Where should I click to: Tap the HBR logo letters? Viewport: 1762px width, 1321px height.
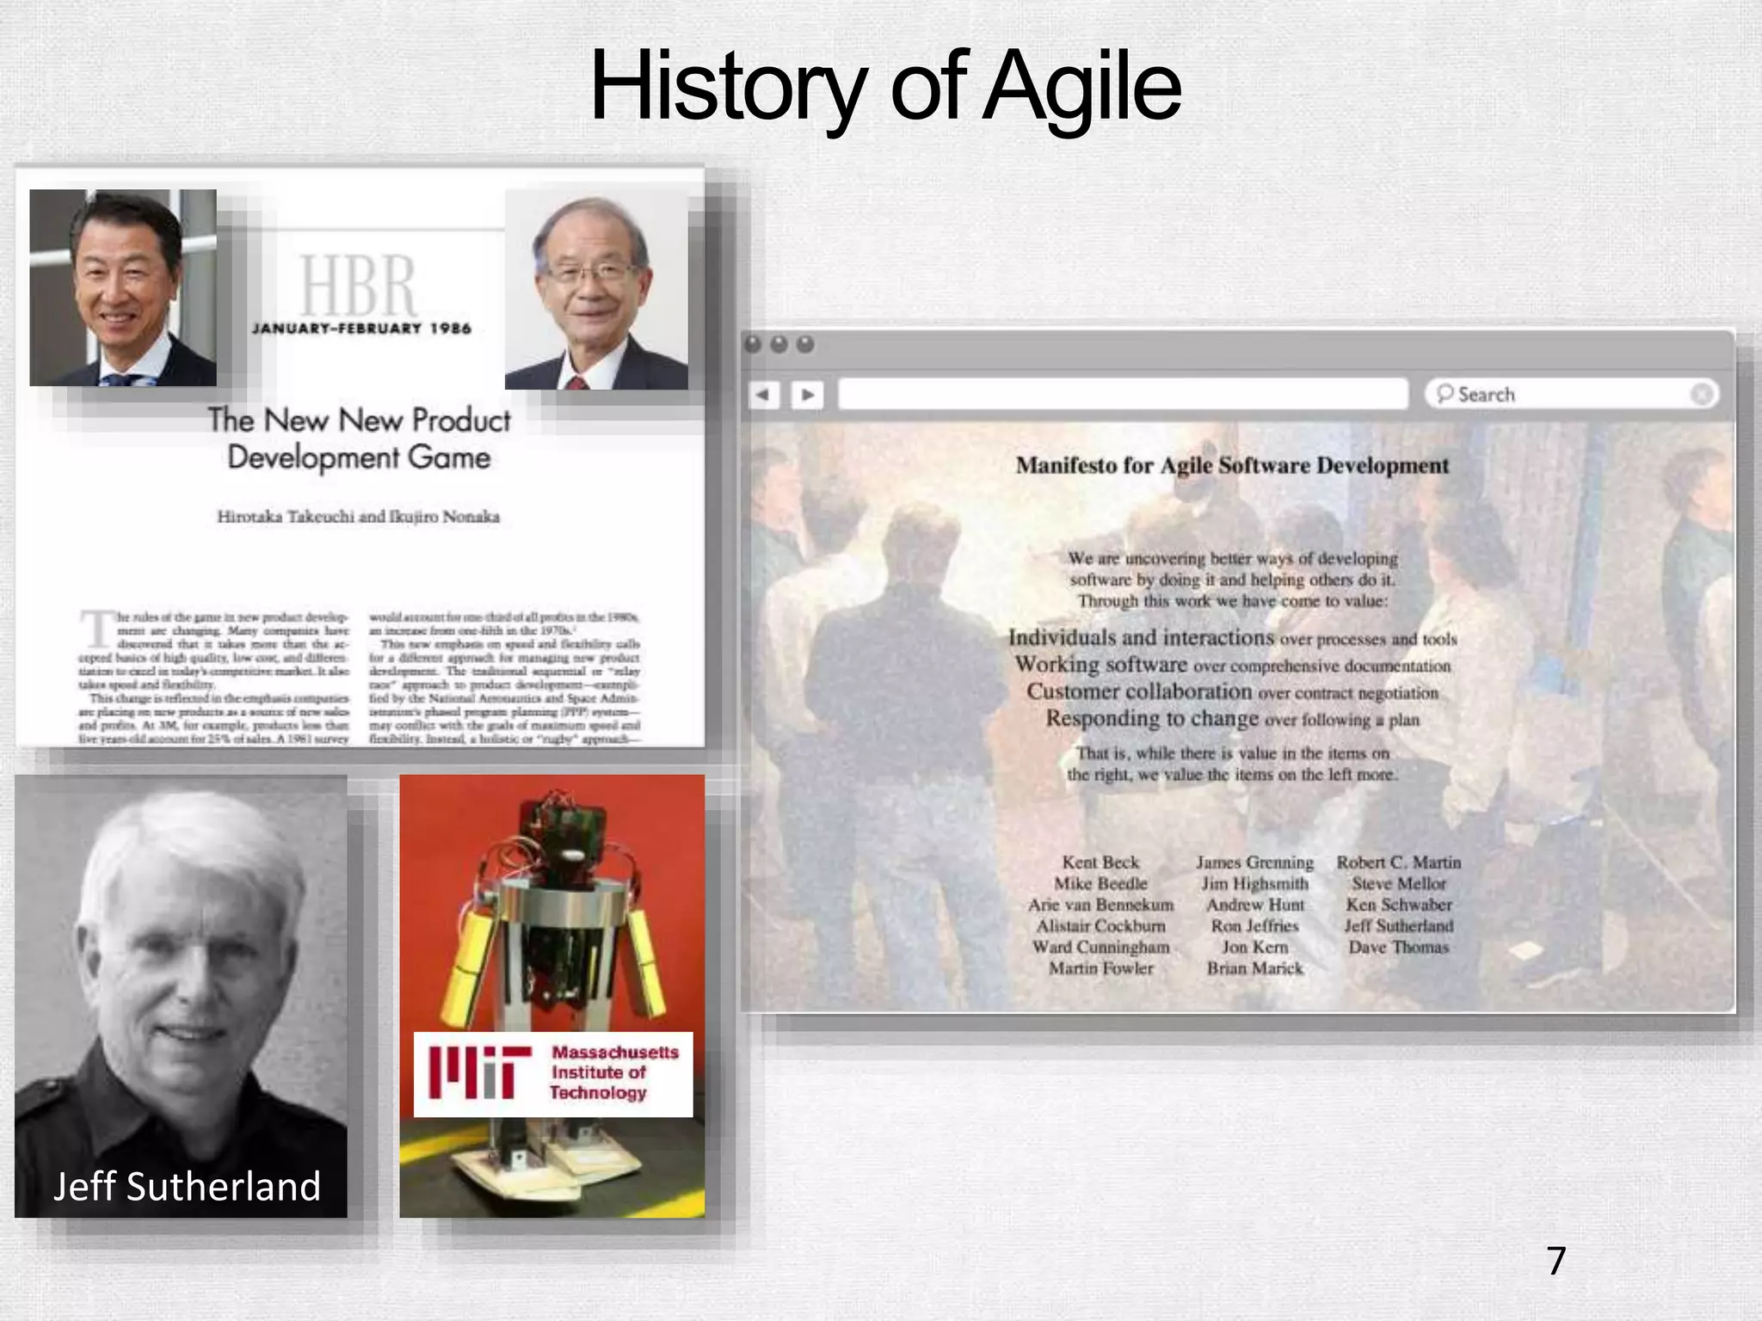pos(358,286)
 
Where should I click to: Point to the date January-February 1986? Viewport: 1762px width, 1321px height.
pos(361,329)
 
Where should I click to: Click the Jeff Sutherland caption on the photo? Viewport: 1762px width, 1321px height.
pos(187,1187)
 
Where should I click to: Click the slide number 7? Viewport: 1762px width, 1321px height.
pos(1556,1261)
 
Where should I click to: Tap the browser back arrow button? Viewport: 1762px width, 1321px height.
pos(762,395)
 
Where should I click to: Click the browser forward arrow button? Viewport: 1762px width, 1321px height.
pos(807,395)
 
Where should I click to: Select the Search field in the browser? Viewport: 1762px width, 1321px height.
pos(1570,395)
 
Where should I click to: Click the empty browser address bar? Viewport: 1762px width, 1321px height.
pos(1122,395)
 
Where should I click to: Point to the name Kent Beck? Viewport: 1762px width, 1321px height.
pos(1100,863)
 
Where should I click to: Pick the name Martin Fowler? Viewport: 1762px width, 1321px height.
pos(1100,968)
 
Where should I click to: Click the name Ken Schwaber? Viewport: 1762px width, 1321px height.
pos(1399,905)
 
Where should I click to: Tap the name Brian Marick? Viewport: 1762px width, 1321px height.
pos(1254,968)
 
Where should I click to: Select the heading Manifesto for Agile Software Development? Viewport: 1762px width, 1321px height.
pos(1232,466)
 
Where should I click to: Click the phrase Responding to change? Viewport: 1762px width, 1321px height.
pos(1152,718)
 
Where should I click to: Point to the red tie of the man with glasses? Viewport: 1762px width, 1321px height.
pos(577,383)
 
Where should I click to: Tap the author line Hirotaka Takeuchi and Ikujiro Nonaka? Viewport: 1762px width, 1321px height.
pos(358,517)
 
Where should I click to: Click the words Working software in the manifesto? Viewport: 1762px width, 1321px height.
pos(1100,665)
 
